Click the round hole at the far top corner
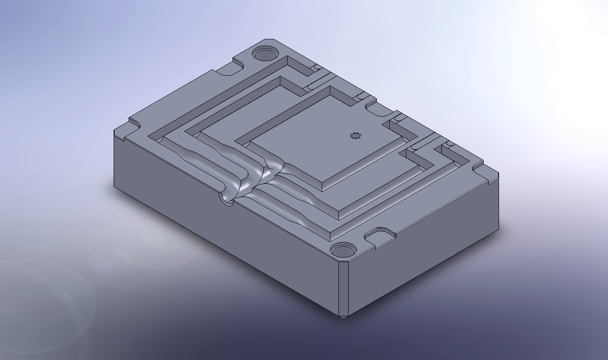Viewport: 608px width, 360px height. pyautogui.click(x=265, y=54)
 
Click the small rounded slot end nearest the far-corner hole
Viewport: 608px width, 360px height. pyautogui.click(x=317, y=68)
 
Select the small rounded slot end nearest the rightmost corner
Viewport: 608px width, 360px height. pyautogui.click(x=448, y=145)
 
